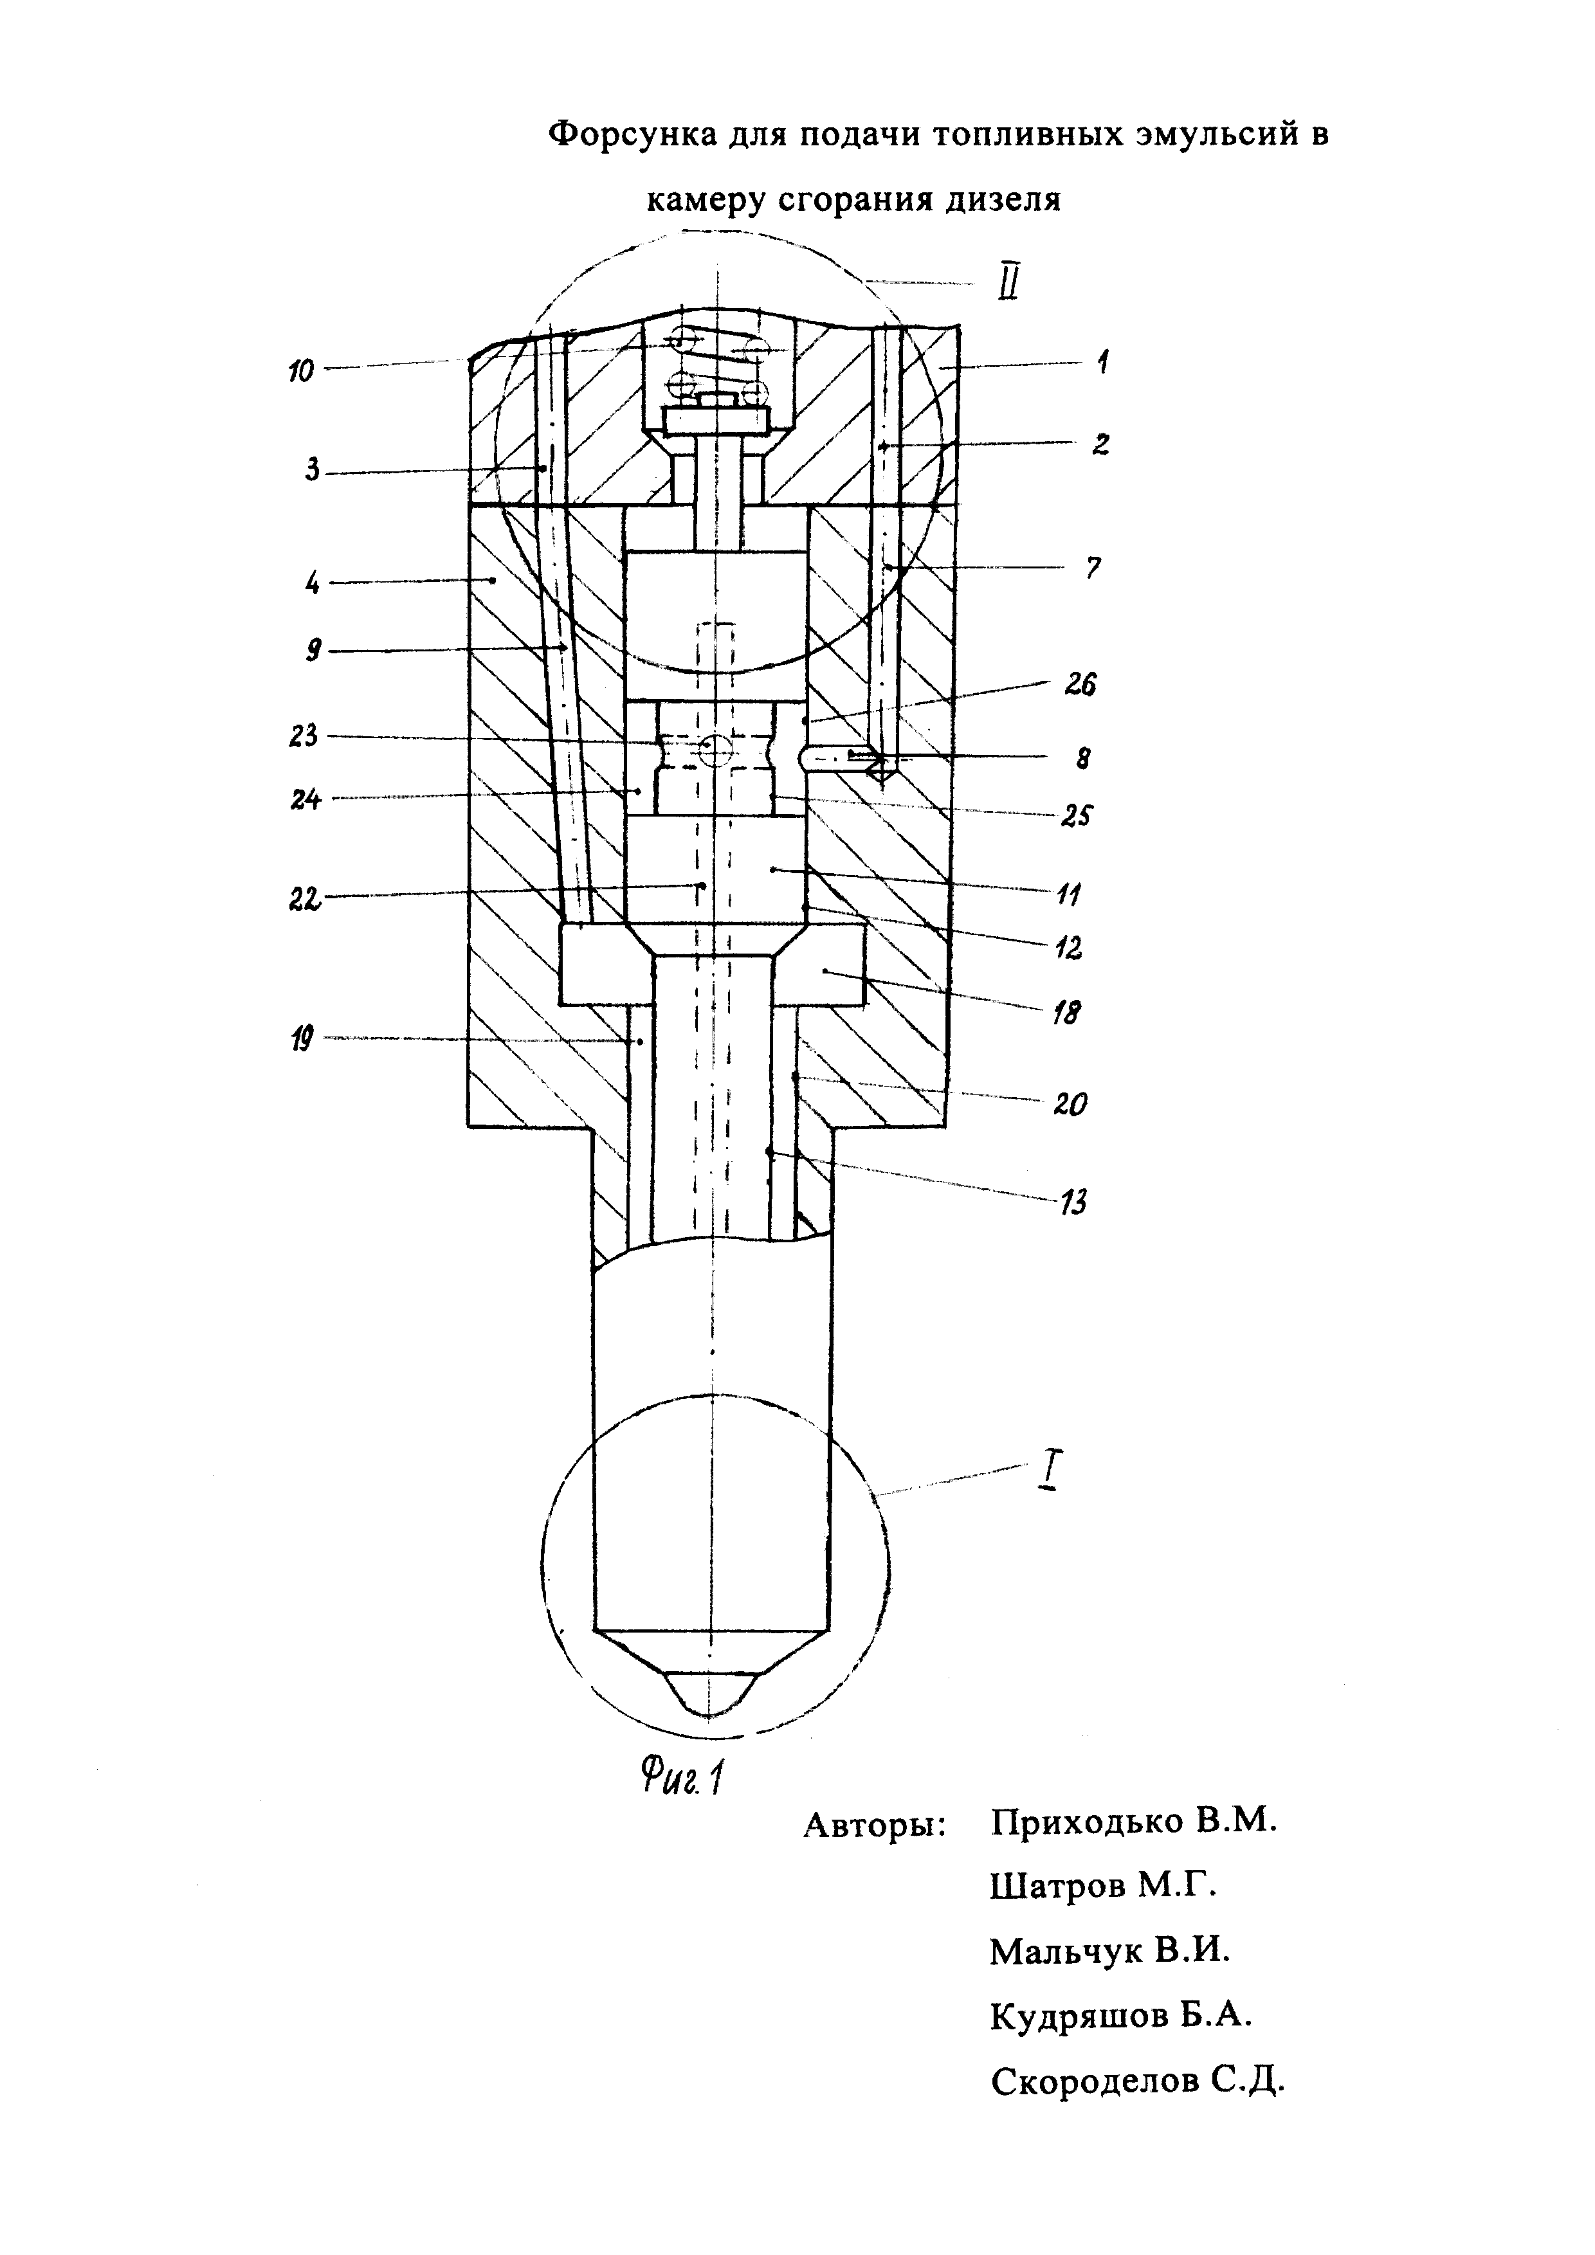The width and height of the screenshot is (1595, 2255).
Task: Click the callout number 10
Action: pos(302,370)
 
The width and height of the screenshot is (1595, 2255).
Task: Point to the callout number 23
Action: pos(304,736)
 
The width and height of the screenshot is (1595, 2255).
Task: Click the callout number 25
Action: pos(1077,816)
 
